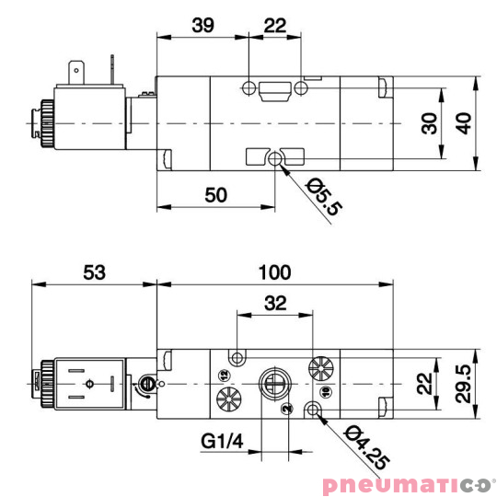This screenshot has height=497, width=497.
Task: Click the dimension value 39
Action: (x=202, y=26)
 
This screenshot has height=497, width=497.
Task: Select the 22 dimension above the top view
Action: (x=274, y=26)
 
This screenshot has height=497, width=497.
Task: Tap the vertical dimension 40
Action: (x=467, y=122)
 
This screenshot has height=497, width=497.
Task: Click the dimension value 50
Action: (x=215, y=194)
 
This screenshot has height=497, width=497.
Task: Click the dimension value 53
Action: (x=93, y=272)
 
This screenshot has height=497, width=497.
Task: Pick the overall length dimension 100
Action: (x=274, y=272)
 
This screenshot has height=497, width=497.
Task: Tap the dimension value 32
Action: (x=274, y=303)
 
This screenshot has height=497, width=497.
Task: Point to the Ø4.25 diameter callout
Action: (x=360, y=448)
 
